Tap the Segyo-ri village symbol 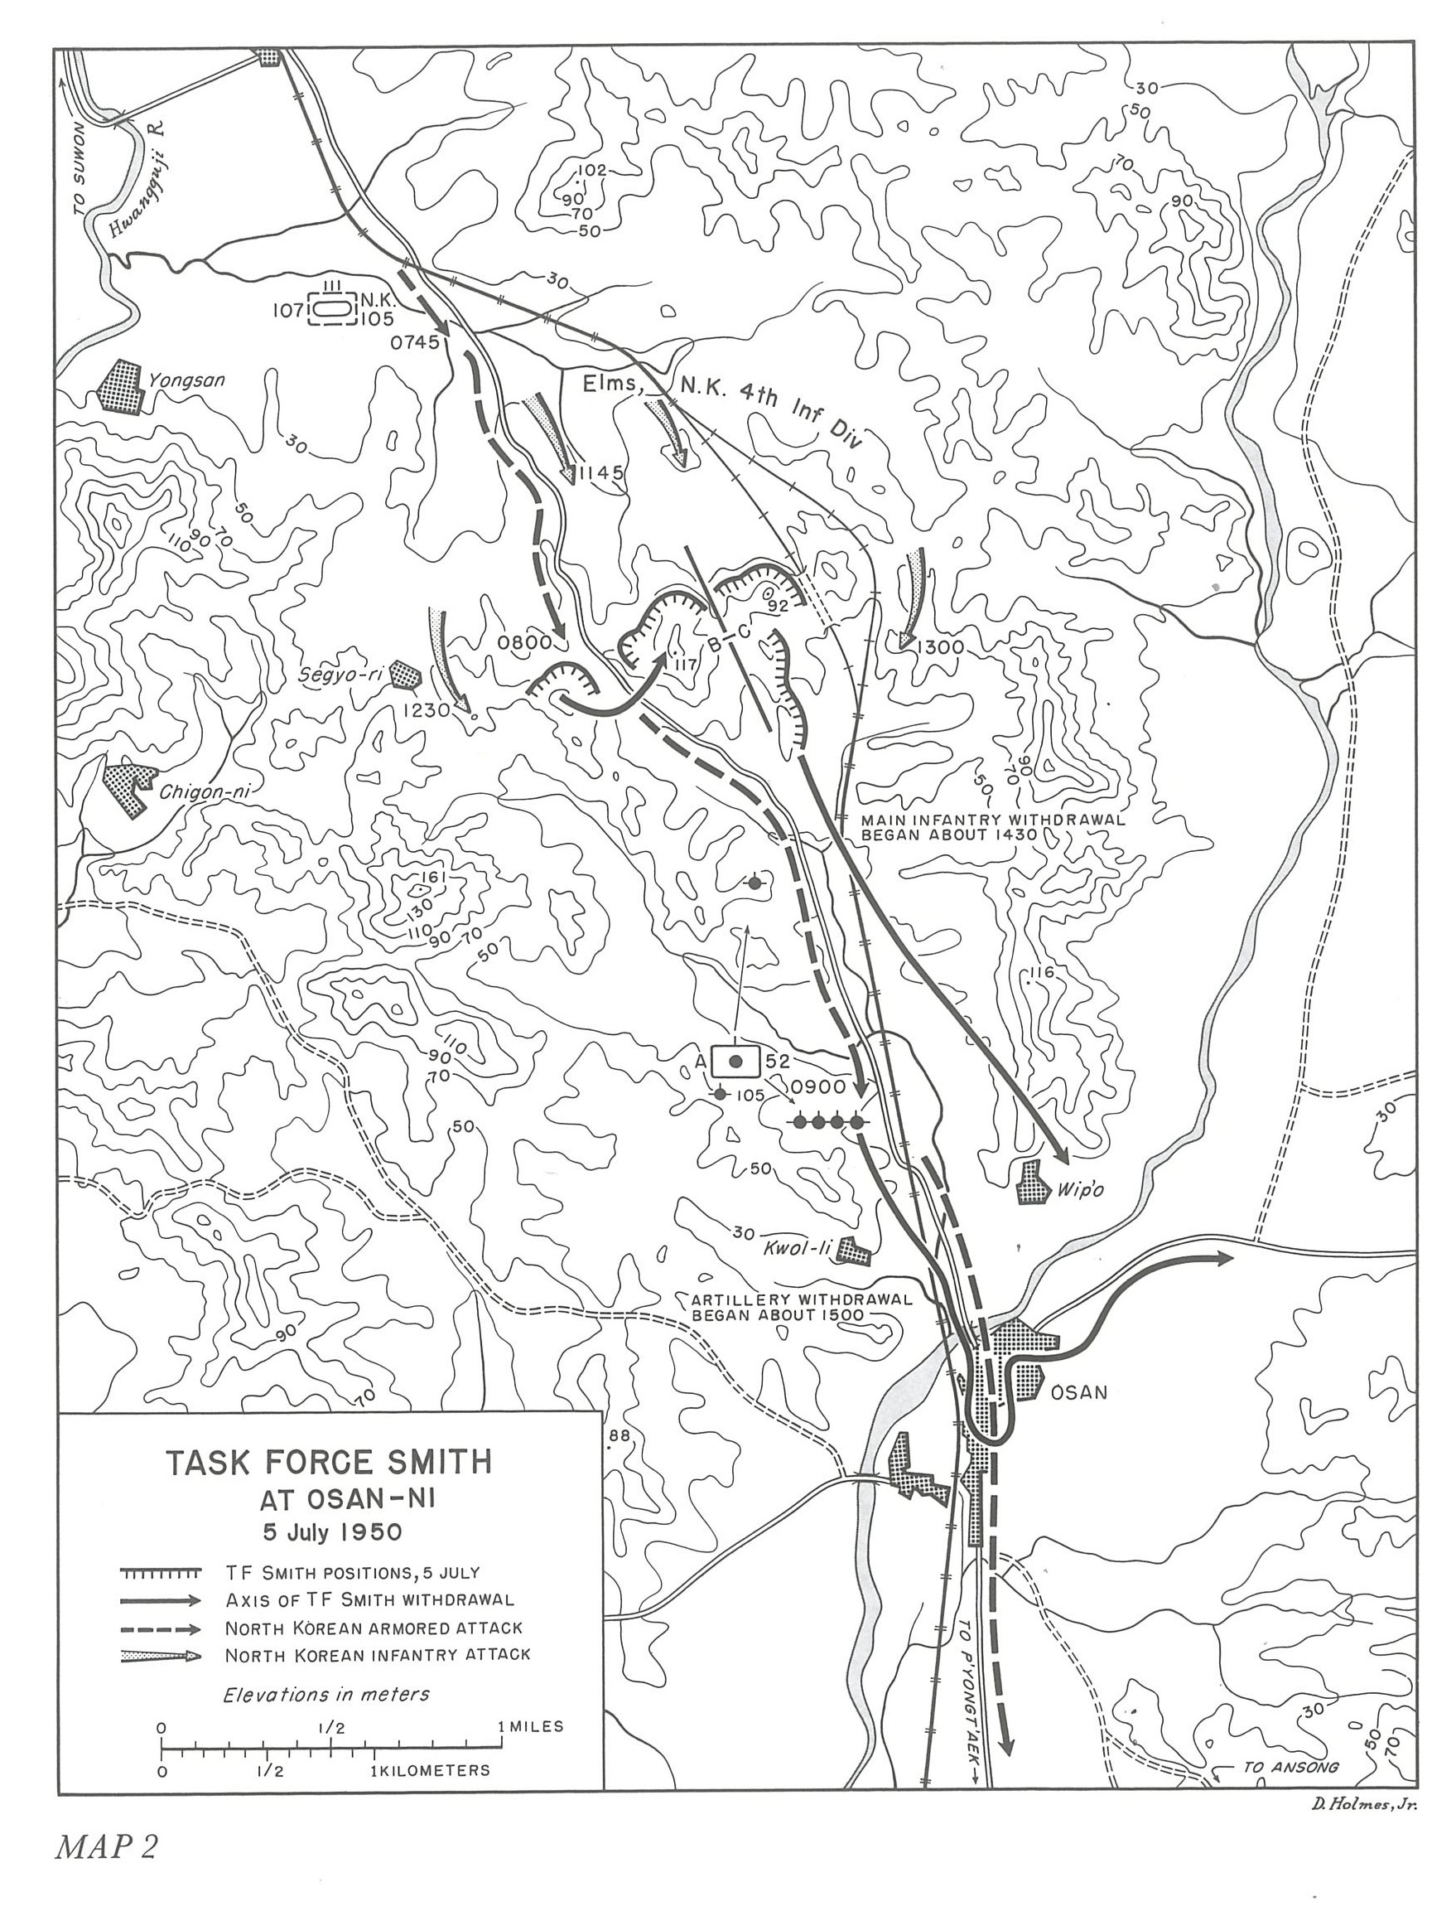[x=406, y=674]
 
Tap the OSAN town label [x=1078, y=1392]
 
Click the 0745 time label [x=415, y=342]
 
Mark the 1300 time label [x=940, y=646]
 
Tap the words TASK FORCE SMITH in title [x=329, y=1462]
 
